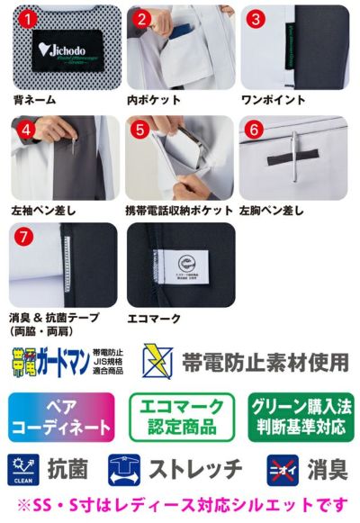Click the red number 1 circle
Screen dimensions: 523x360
coord(28,19)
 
